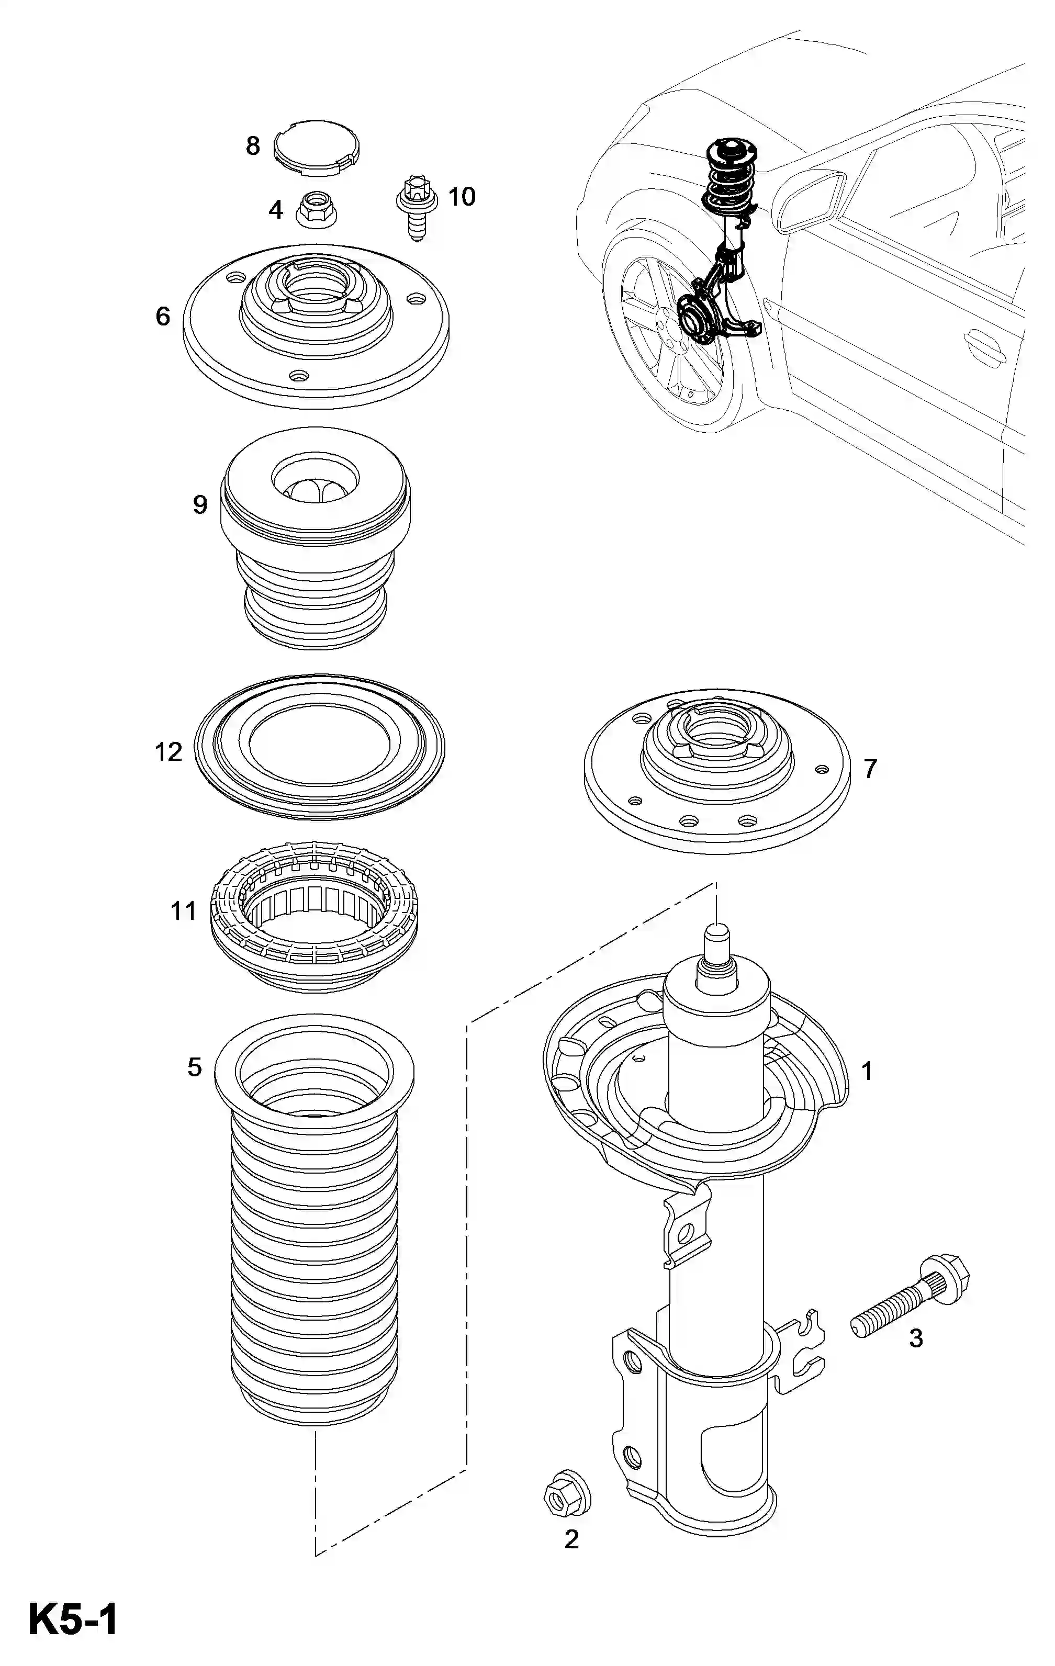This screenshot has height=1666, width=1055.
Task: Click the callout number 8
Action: tap(253, 146)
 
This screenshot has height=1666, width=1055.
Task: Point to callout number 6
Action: tap(163, 317)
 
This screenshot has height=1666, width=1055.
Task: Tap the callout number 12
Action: tap(168, 751)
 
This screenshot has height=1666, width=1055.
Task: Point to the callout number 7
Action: tap(870, 768)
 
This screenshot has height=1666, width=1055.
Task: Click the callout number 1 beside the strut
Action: tap(867, 1072)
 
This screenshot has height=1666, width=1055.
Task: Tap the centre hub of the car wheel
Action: tap(666, 327)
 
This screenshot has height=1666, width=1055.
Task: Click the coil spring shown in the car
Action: tap(731, 181)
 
